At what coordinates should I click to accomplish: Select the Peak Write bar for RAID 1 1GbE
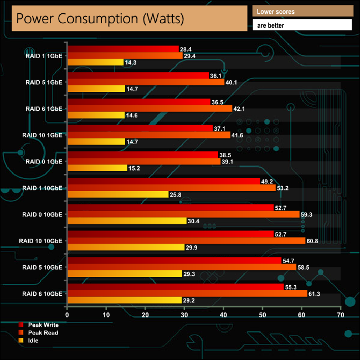[x=122, y=49]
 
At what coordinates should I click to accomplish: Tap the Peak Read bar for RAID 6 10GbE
[x=187, y=294]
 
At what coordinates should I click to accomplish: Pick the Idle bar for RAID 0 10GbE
[x=126, y=221]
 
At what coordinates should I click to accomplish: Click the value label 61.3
[x=316, y=294]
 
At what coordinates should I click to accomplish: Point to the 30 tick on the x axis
[x=184, y=315]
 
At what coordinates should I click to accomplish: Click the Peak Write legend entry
[x=43, y=325]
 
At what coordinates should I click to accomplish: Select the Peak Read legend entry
[x=43, y=333]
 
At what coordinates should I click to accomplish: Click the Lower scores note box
[x=302, y=11]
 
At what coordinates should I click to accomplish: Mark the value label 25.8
[x=176, y=194]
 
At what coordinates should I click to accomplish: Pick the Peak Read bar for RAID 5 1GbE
[x=145, y=82]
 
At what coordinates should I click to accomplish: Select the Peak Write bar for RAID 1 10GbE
[x=163, y=181]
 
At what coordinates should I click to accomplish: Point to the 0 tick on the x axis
[x=67, y=315]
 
